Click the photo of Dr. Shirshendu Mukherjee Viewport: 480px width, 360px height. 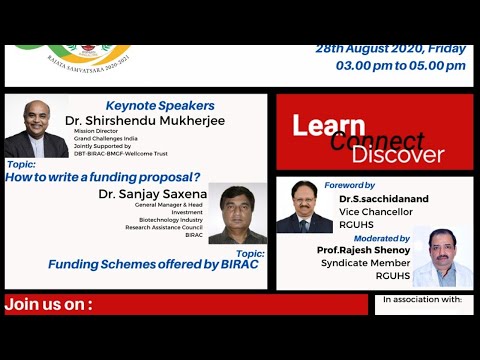pyautogui.click(x=36, y=128)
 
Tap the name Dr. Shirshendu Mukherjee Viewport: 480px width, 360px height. pyautogui.click(x=145, y=121)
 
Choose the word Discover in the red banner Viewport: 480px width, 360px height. pyautogui.click(x=398, y=155)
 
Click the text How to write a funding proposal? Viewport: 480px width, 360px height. pyautogui.click(x=102, y=176)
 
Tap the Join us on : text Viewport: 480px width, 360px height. pyautogui.click(x=49, y=303)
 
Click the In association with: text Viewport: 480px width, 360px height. pyautogui.click(x=423, y=299)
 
